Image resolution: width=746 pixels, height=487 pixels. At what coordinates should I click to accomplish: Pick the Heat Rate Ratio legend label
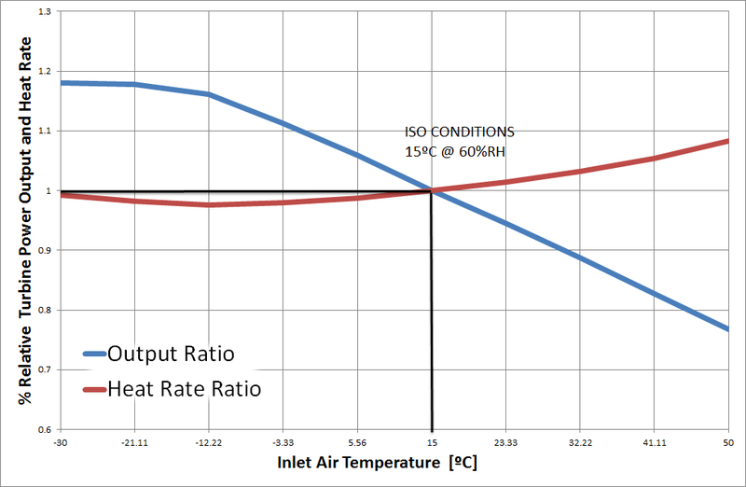click(185, 388)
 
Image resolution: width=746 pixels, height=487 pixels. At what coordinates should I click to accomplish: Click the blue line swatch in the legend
click(93, 355)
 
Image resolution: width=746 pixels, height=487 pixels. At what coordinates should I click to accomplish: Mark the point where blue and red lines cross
click(432, 190)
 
